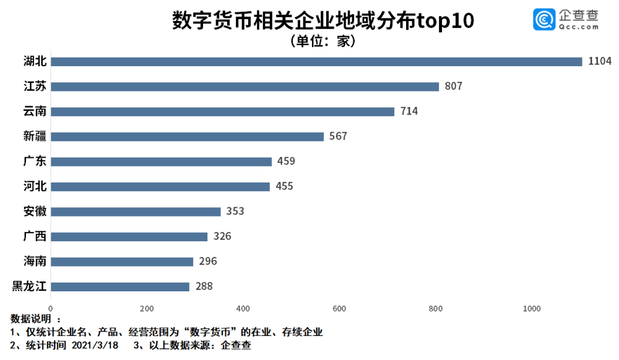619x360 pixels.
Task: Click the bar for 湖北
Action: [x=316, y=61]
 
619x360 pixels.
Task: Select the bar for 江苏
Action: [x=245, y=87]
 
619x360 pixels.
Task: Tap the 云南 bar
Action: [x=222, y=111]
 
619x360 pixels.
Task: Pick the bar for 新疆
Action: [x=187, y=137]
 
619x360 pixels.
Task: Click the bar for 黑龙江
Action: [x=120, y=286]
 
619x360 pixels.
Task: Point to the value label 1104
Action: [x=600, y=61]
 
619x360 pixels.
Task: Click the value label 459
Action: [x=286, y=161]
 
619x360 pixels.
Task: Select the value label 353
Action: [x=235, y=212]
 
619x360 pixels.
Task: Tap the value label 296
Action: [x=208, y=262]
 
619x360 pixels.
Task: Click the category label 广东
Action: [x=35, y=161]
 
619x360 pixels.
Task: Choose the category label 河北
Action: [x=35, y=186]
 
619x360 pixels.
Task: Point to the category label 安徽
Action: [x=35, y=212]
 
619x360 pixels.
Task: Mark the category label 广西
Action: [x=35, y=236]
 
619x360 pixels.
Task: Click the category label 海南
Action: [x=35, y=262]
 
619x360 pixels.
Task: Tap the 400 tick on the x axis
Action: [x=243, y=309]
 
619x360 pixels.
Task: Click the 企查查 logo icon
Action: [x=544, y=19]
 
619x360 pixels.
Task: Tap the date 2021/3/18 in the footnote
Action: [x=95, y=345]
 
